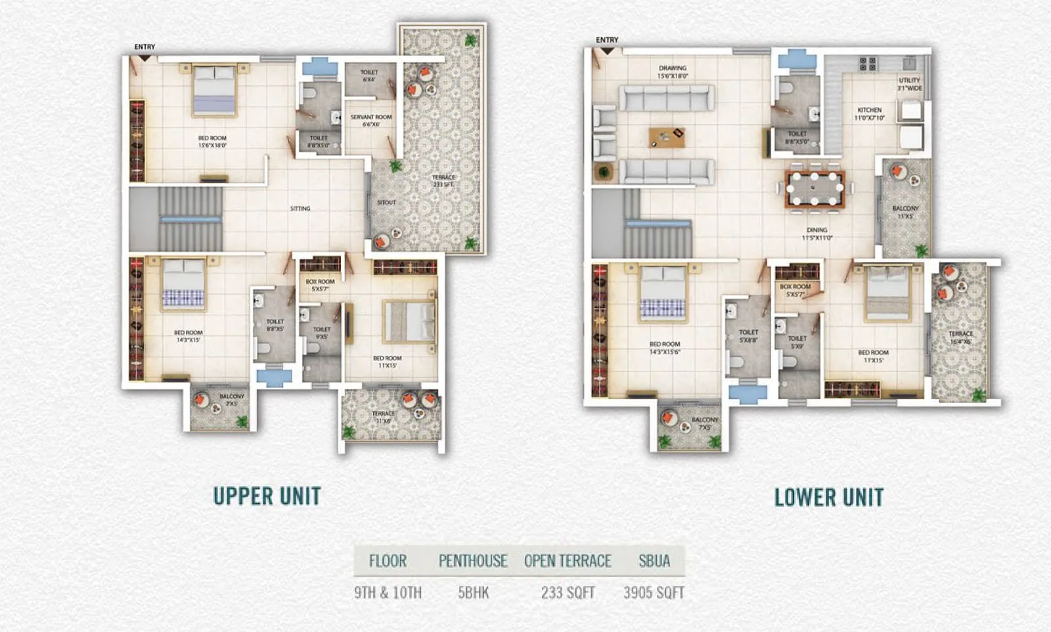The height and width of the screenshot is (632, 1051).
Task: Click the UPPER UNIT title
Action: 267,496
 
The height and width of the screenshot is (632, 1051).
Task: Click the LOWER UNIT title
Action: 828,497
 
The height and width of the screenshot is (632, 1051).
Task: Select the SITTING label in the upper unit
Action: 300,209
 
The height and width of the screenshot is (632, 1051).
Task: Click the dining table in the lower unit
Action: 815,189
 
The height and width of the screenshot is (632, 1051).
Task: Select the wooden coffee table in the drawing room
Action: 667,137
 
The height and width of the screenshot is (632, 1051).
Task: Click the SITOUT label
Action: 386,203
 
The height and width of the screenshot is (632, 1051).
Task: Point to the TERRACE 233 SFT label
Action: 443,181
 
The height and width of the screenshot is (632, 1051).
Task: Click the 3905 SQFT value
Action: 654,593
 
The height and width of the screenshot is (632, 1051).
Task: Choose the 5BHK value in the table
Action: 473,593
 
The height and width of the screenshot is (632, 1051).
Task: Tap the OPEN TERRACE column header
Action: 568,561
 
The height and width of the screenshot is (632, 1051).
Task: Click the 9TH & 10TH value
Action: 388,593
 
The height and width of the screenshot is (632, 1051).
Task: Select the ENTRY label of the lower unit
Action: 607,40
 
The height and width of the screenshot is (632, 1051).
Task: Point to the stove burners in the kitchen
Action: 867,64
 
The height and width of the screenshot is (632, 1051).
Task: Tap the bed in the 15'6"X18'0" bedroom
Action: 214,91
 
